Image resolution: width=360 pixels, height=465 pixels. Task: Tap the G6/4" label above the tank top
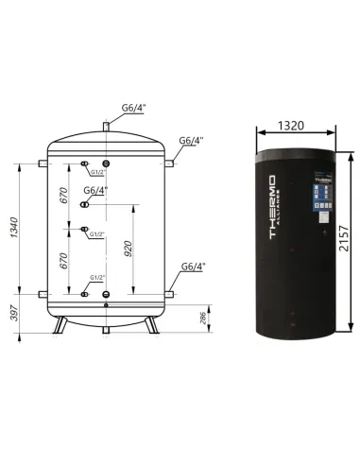click(x=132, y=107)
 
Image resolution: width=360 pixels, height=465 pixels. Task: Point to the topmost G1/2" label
click(x=99, y=173)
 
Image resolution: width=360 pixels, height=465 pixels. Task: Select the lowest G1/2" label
click(x=97, y=278)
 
